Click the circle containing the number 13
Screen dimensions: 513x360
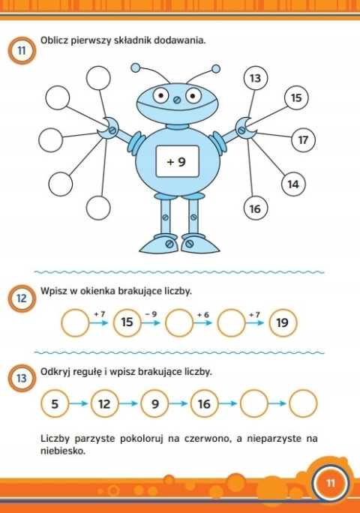(256, 79)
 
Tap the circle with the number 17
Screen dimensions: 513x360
(304, 140)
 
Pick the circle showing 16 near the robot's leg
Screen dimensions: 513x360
(255, 208)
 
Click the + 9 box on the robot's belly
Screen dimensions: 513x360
(177, 160)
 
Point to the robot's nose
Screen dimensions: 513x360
(177, 98)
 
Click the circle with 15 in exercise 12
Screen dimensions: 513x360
(127, 322)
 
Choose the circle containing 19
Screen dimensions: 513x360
(282, 322)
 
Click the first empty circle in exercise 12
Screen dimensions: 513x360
(74, 322)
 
